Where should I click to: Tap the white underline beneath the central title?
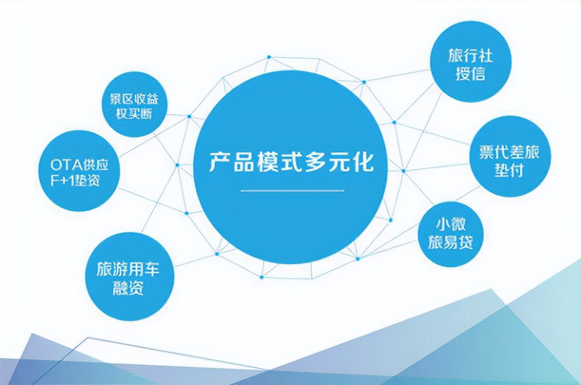point(292,190)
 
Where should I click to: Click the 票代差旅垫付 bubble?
point(510,157)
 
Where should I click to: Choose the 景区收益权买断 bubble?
point(134,104)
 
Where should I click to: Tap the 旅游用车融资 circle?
point(128,276)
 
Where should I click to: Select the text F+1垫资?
point(72,182)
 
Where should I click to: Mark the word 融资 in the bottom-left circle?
point(128,288)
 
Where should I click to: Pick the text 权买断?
point(134,114)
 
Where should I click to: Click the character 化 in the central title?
point(362,162)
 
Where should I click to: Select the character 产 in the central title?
point(220,162)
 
